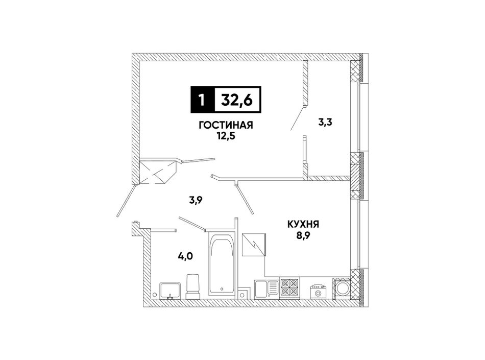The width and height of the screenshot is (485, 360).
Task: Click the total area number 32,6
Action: pos(237,100)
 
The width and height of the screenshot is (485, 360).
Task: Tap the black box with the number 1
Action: pos(202,100)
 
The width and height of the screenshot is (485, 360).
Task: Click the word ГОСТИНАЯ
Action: pos(226,125)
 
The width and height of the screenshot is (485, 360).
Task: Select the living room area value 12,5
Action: pos(226,135)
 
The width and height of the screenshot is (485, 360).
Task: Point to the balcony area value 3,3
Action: pos(325,123)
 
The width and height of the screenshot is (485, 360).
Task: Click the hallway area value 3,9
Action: pos(196,200)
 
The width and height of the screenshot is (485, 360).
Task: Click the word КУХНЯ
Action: pos(303,224)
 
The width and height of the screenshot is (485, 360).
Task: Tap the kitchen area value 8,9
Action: pos(303,235)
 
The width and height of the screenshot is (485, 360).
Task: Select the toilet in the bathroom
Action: pos(192,286)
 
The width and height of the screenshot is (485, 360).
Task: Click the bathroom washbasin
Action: pos(170,291)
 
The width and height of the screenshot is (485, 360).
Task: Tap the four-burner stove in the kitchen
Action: pos(290,288)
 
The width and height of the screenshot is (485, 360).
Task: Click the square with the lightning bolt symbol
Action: pos(254,245)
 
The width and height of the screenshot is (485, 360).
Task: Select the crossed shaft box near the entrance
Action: pos(158,172)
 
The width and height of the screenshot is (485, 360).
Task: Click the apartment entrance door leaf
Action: pos(126,201)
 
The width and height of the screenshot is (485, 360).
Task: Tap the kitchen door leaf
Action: pos(245,200)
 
